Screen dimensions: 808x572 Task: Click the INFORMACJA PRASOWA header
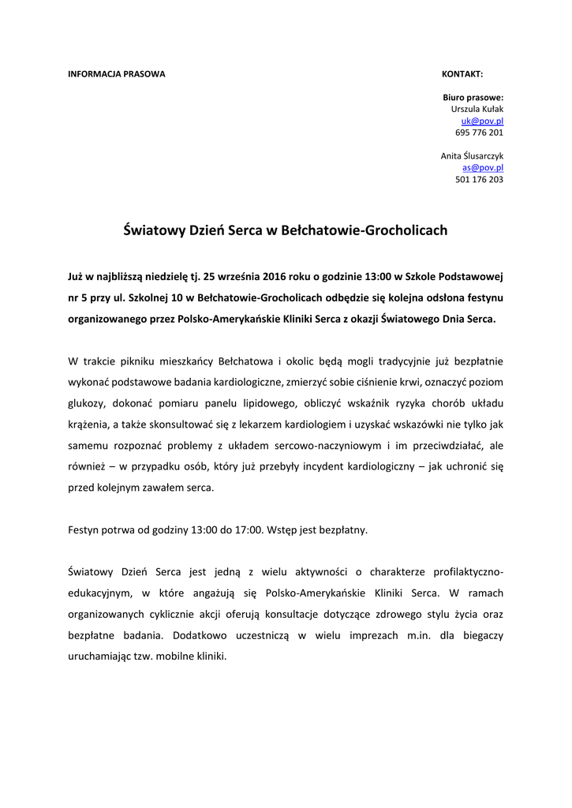[117, 73]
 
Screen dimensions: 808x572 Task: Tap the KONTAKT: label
[462, 73]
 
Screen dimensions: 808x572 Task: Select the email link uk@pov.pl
[482, 121]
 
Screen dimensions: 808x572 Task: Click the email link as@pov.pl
[483, 168]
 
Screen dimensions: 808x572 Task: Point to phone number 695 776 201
[479, 133]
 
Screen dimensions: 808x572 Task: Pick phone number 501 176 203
[479, 180]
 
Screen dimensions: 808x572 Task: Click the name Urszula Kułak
[477, 109]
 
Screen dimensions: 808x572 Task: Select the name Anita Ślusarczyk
[472, 156]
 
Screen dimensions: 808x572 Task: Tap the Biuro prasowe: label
[473, 97]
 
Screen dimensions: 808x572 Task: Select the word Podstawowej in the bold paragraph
[473, 278]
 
